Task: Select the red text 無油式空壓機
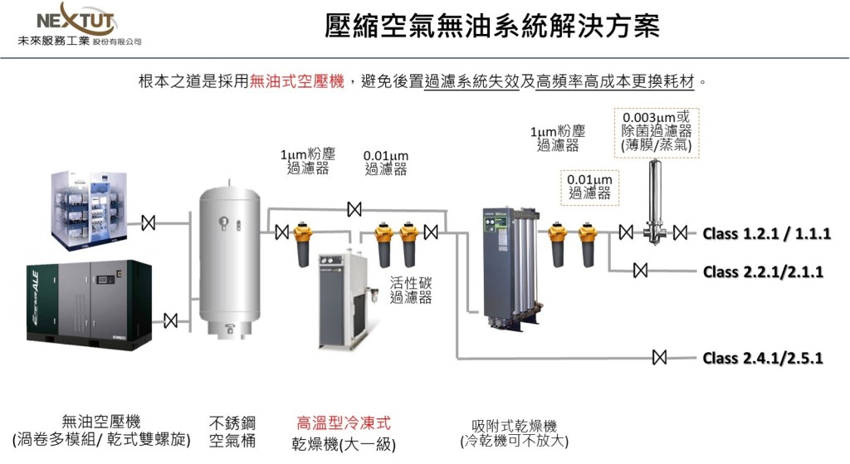click(x=297, y=82)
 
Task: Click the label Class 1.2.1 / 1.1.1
click(x=766, y=233)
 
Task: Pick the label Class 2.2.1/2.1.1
click(x=763, y=271)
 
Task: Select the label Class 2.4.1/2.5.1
click(x=763, y=359)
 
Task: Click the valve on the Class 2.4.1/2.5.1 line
click(x=660, y=358)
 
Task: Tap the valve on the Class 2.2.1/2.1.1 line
click(x=640, y=271)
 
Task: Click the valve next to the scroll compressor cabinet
click(x=149, y=222)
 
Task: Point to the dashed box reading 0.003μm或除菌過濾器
click(x=656, y=131)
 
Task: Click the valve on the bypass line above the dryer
click(x=354, y=208)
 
